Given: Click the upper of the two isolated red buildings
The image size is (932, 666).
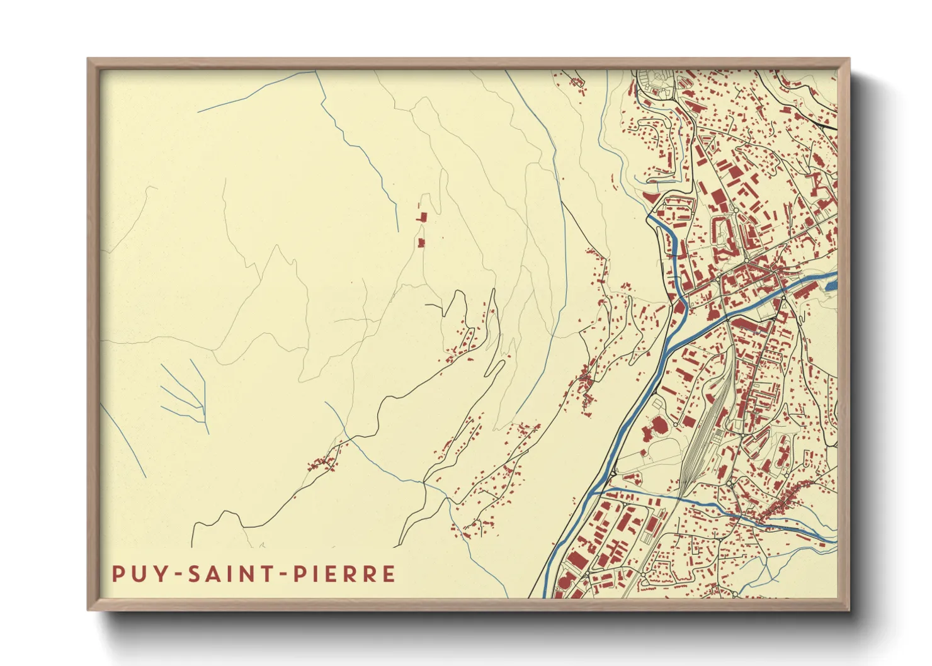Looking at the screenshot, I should [x=422, y=217].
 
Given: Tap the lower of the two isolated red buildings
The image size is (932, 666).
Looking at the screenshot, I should [x=421, y=242].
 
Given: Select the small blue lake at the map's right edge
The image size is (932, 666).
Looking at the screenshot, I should [x=831, y=285].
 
